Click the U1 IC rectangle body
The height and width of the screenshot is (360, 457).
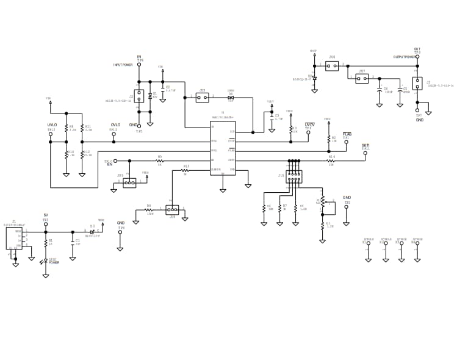click(223, 148)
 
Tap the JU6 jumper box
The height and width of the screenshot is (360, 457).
click(332, 65)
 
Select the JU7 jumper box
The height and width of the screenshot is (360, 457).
click(362, 78)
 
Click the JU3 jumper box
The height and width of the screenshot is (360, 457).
click(203, 97)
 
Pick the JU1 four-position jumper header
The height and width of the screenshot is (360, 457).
click(294, 176)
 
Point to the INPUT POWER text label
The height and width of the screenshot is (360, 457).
click(123, 65)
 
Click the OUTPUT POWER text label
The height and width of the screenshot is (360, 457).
click(405, 57)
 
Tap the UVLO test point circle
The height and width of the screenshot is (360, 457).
click(51, 134)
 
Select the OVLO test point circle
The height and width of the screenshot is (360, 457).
click(113, 134)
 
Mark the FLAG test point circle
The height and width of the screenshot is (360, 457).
click(347, 142)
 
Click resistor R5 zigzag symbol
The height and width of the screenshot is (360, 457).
click(160, 160)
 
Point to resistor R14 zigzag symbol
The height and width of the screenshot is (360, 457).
click(331, 160)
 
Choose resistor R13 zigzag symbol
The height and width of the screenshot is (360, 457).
click(186, 170)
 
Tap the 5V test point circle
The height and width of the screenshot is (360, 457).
click(46, 225)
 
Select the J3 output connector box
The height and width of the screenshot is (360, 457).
click(417, 83)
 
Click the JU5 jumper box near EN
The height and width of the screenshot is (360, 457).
click(129, 182)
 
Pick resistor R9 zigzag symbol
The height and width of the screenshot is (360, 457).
click(67, 129)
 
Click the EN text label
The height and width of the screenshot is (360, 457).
click(110, 164)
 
